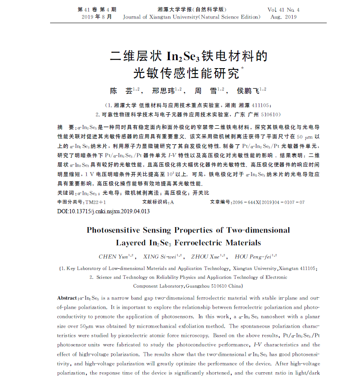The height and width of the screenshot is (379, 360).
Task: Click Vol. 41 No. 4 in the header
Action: (x=283, y=9)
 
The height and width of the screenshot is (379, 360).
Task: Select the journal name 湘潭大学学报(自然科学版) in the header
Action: (x=186, y=9)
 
